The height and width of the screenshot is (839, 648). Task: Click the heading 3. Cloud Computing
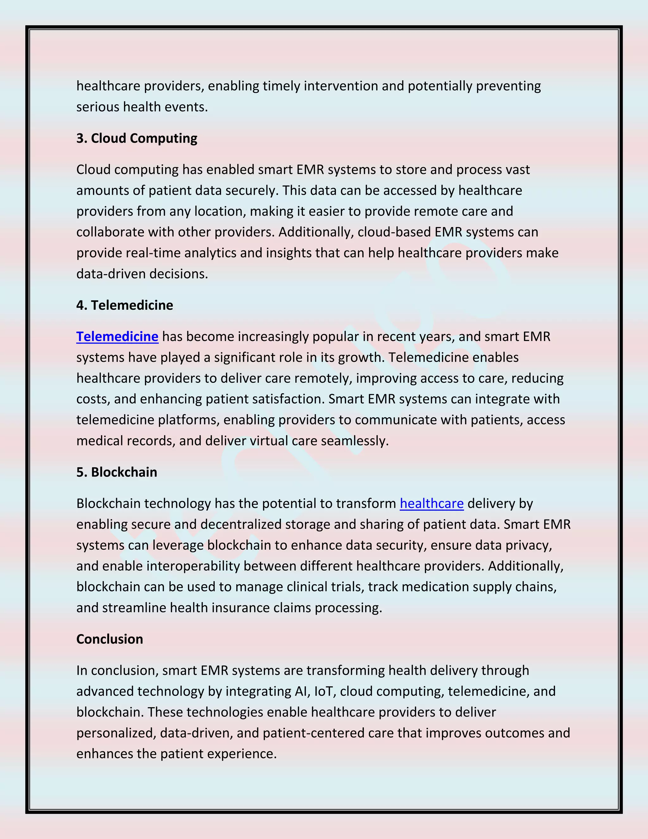137,138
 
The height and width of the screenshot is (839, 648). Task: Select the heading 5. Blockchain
117,472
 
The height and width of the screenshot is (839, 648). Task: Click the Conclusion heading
109,639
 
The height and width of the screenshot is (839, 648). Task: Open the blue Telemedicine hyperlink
117,337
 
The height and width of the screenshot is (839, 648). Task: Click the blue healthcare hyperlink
432,503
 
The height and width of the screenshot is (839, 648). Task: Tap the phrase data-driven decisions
142,274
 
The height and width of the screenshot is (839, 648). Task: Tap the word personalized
116,733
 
